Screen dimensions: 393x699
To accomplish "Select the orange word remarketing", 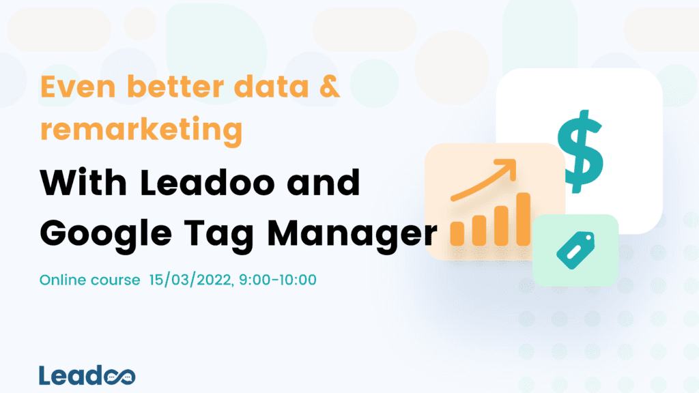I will tap(141, 128).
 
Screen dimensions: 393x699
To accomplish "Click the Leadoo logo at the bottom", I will tap(87, 375).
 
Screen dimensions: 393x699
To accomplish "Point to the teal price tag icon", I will tap(575, 249).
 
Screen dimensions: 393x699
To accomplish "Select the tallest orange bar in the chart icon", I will tap(524, 219).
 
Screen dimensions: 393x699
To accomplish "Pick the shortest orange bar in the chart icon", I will tap(458, 234).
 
